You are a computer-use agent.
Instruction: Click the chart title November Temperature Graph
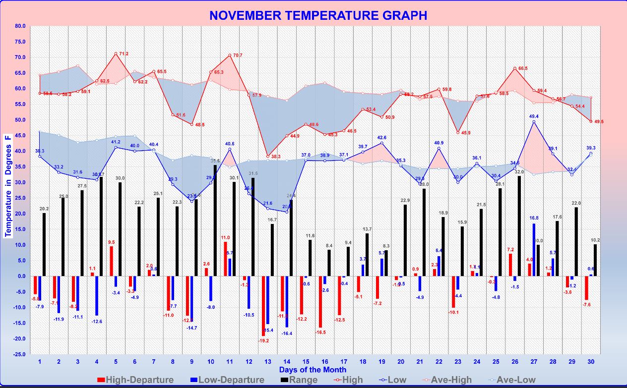coord(318,15)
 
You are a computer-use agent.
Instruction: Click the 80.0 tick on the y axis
coord(20,26)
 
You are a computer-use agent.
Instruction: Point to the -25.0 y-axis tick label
coord(19,354)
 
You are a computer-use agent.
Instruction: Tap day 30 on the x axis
coord(590,362)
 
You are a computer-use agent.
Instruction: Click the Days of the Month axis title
coord(313,370)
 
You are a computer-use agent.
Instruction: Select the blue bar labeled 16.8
coord(534,250)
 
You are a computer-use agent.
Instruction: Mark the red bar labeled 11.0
coord(226,259)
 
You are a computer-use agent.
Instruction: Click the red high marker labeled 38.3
coord(268,156)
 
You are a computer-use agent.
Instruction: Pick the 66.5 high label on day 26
coord(522,68)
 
